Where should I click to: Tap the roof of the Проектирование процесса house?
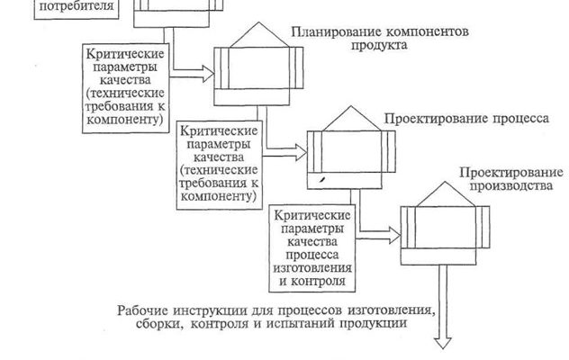pyautogui.click(x=343, y=119)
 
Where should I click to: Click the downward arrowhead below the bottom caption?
pyautogui.click(x=445, y=342)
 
